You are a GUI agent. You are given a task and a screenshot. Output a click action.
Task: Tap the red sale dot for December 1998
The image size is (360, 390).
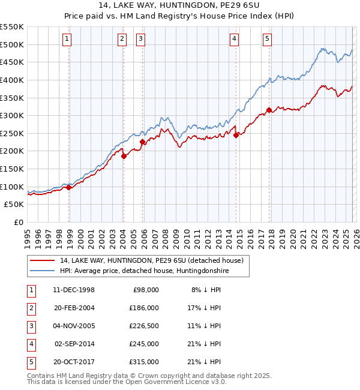(x=69, y=187)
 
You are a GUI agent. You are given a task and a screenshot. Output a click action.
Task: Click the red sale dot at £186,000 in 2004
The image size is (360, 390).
(x=124, y=156)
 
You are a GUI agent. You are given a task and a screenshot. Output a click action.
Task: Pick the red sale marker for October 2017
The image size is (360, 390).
(x=269, y=110)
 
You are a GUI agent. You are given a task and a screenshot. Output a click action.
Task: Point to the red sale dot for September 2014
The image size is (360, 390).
(x=236, y=135)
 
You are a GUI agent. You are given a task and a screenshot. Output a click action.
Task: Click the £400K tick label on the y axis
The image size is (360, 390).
(x=12, y=80)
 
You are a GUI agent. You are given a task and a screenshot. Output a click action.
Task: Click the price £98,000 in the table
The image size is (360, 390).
(x=145, y=290)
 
